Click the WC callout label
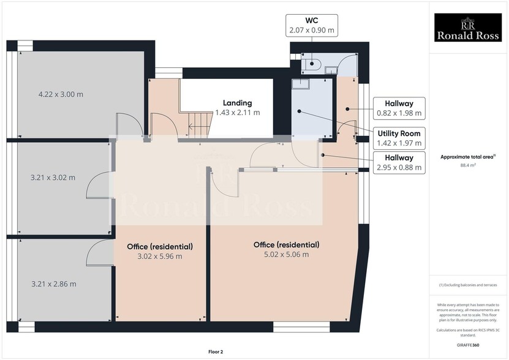(311, 24)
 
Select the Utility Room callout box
(399, 138)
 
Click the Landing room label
(237, 108)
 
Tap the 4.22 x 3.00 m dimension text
(61, 94)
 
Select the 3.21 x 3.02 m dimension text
(53, 178)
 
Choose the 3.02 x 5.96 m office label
(160, 251)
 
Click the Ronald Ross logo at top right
(468, 29)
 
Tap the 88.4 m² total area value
(467, 165)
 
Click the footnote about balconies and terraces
(468, 286)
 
